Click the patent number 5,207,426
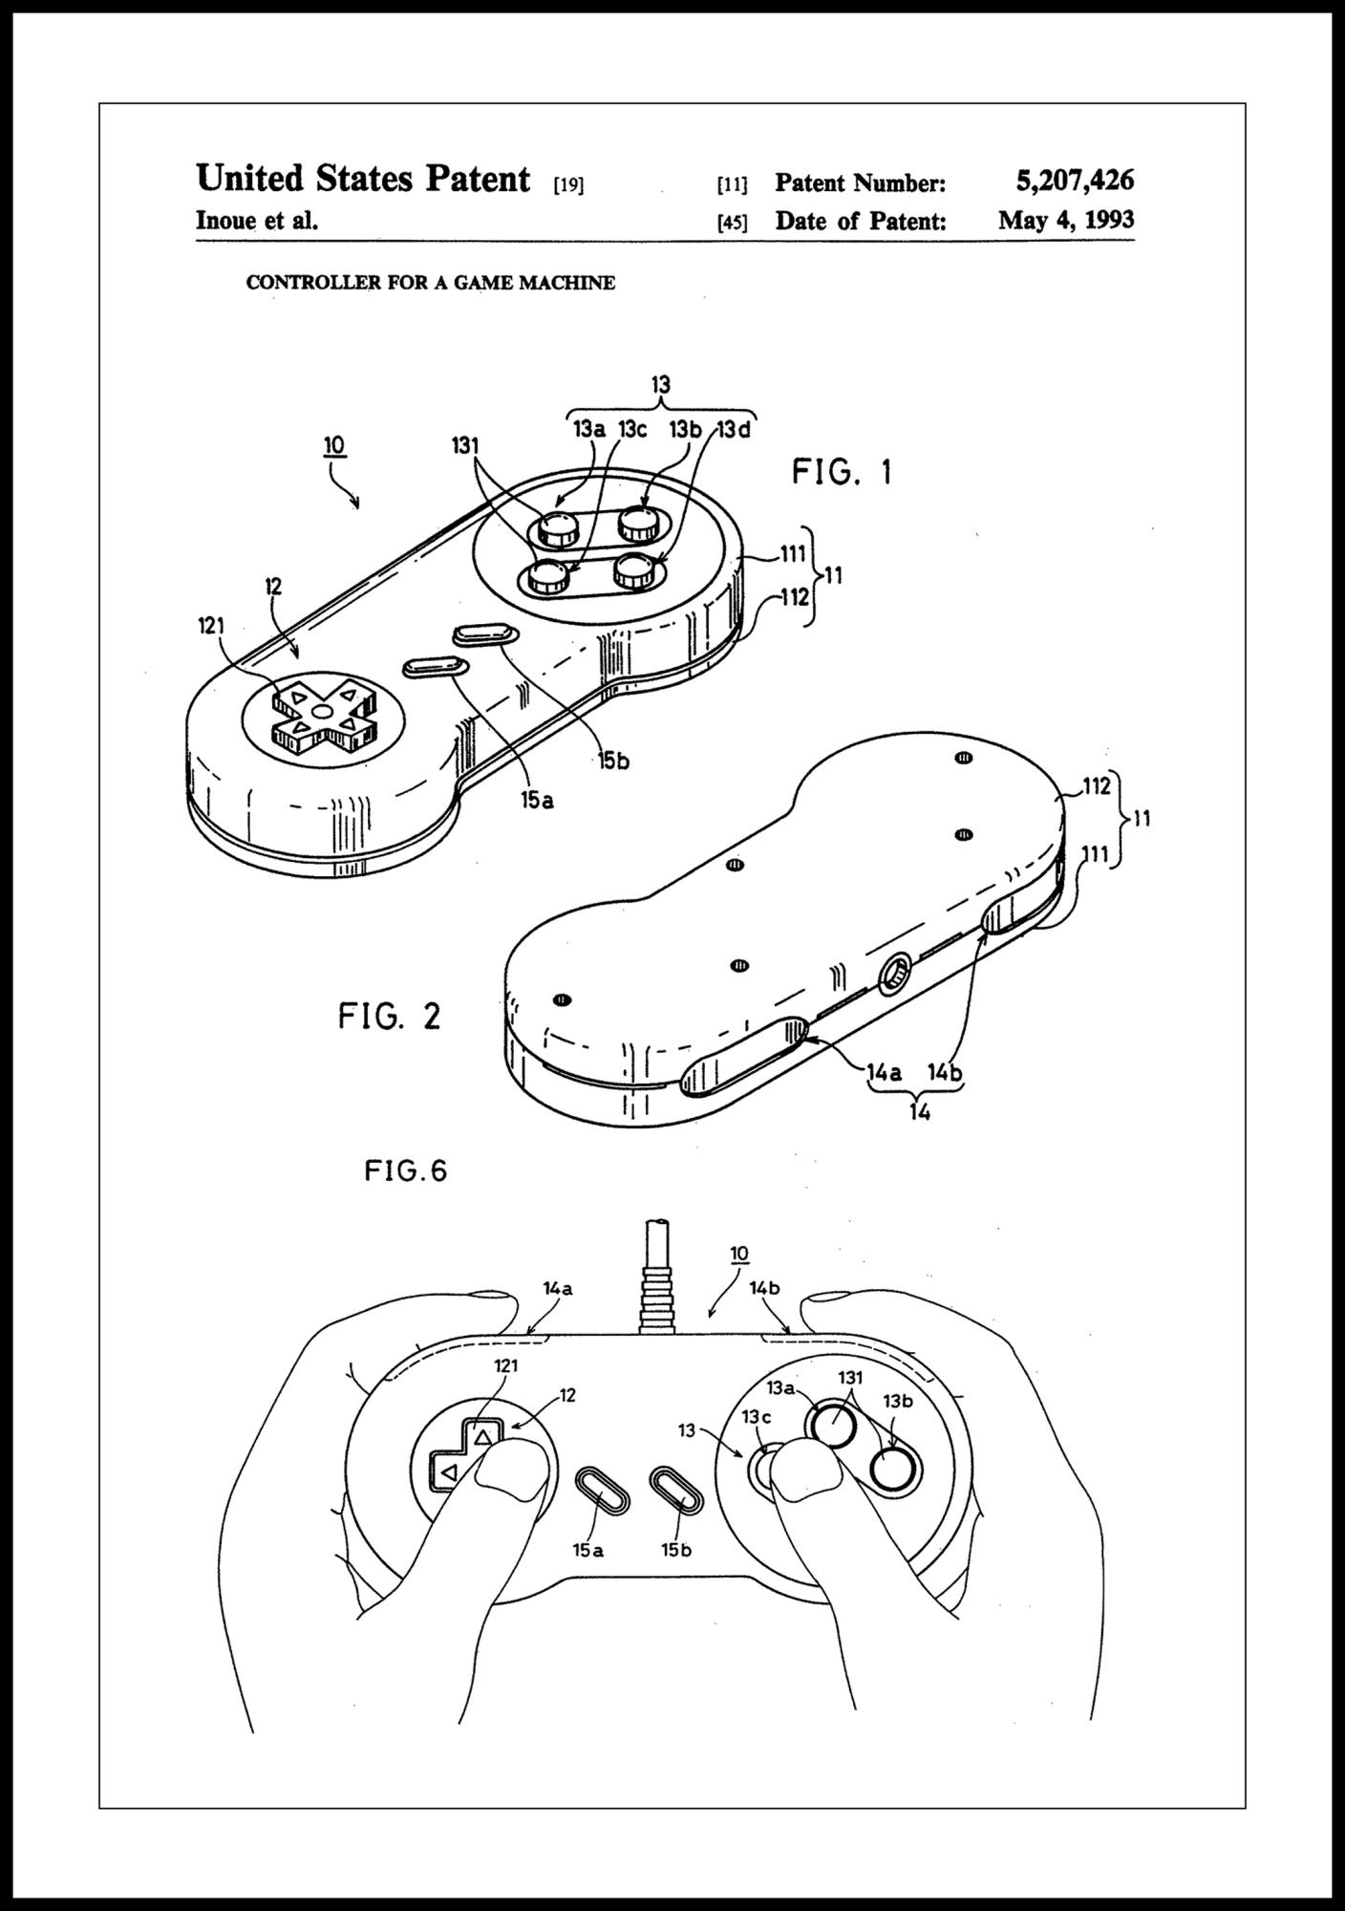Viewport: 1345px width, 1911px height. click(x=1075, y=180)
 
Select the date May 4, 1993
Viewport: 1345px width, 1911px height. click(x=1066, y=221)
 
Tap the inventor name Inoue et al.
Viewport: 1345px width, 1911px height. click(x=256, y=221)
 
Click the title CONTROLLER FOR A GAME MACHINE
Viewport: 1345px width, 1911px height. click(x=431, y=283)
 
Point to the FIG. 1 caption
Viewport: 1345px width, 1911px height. click(x=842, y=472)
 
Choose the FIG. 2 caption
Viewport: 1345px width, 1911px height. click(x=390, y=1016)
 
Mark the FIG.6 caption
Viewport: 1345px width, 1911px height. click(x=406, y=1171)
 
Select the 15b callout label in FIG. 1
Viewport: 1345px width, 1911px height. click(x=613, y=762)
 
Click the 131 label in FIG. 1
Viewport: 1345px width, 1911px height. click(x=466, y=445)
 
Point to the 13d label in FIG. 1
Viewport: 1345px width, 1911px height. click(x=734, y=430)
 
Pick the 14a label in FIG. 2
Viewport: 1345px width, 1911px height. click(x=884, y=1072)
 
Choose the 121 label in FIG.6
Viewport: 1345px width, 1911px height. click(x=505, y=1365)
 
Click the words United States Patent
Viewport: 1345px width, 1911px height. click(x=363, y=179)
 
